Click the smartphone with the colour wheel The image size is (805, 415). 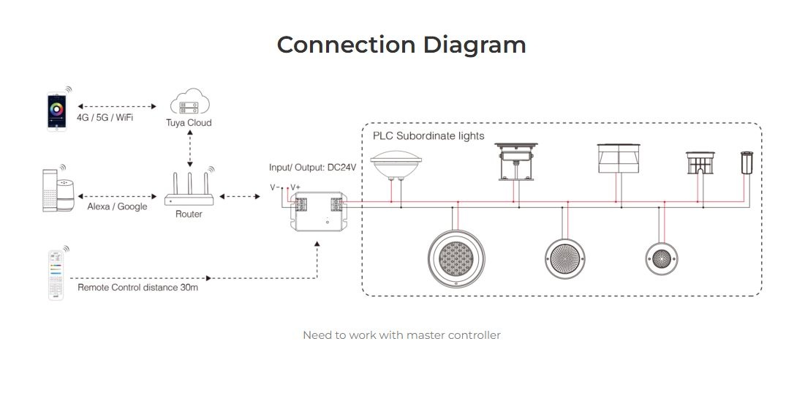(x=56, y=111)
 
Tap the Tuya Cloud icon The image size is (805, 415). (x=189, y=101)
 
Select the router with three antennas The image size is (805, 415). (x=189, y=188)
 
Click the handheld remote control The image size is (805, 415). (x=56, y=274)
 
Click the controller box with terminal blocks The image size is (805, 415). (x=317, y=212)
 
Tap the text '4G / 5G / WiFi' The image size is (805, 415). (x=105, y=117)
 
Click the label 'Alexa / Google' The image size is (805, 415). (x=117, y=206)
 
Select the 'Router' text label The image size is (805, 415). (x=189, y=214)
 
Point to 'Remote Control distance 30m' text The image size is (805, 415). (x=137, y=287)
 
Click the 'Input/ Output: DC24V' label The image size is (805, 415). (x=312, y=168)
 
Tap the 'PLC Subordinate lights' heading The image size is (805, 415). (x=428, y=135)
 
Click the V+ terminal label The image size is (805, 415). (x=295, y=187)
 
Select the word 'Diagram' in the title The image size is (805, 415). (x=475, y=45)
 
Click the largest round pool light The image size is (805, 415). (x=456, y=258)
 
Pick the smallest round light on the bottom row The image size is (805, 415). (x=661, y=258)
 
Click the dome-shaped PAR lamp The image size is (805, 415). (x=396, y=163)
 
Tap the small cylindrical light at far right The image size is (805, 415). (x=746, y=162)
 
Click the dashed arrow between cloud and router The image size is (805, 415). (x=190, y=149)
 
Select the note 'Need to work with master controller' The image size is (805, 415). (x=402, y=335)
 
